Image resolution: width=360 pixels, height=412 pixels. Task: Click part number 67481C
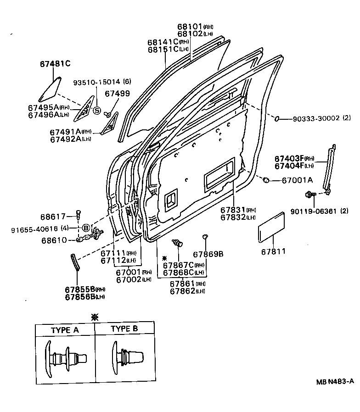tap(54, 63)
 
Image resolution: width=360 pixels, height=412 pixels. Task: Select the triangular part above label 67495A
tap(50, 89)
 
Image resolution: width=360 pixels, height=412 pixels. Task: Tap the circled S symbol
tap(97, 110)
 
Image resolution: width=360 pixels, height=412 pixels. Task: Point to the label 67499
tap(117, 94)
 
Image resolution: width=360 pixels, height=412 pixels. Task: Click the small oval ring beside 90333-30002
tap(277, 119)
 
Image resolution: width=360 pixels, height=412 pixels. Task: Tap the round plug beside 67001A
tap(266, 180)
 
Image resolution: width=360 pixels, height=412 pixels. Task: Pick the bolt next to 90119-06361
tap(309, 195)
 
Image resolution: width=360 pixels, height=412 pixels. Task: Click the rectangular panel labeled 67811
tap(271, 227)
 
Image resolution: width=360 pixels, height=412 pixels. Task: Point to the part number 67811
tap(273, 251)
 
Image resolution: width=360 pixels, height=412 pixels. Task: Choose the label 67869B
tap(208, 254)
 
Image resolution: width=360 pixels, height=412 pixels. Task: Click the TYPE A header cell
tap(65, 329)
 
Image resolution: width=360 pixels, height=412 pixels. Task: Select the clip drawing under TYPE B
tap(126, 358)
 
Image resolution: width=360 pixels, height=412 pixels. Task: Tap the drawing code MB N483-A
tap(334, 381)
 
